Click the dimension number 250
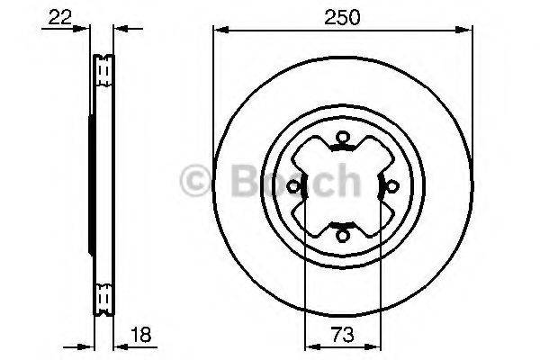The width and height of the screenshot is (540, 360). [x=342, y=17]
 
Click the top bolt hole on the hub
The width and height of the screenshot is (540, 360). [x=342, y=138]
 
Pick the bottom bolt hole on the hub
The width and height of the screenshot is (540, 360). [x=342, y=236]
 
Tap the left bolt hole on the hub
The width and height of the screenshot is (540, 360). [x=293, y=186]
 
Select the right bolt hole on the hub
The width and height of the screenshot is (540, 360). [x=391, y=186]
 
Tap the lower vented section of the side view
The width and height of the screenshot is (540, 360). [x=103, y=295]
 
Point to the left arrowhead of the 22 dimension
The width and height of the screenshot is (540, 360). [x=86, y=28]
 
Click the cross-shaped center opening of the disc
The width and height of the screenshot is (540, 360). [x=342, y=186]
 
